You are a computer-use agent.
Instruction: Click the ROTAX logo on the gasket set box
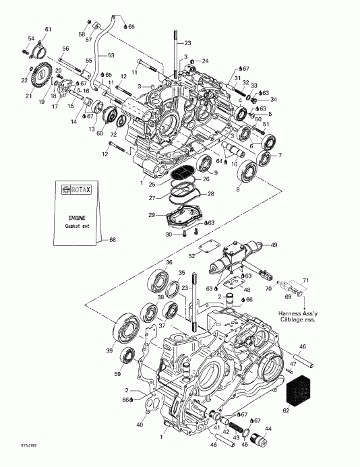pyautogui.click(x=76, y=190)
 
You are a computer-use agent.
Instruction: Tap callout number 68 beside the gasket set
pyautogui.click(x=113, y=239)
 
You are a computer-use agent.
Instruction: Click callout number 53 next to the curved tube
pyautogui.click(x=111, y=55)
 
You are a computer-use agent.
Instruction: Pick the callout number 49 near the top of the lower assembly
pyautogui.click(x=274, y=245)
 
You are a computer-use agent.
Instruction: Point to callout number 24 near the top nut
pyautogui.click(x=205, y=61)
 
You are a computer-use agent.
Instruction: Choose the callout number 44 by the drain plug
pyautogui.click(x=268, y=429)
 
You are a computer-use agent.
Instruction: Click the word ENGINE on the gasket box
pyautogui.click(x=76, y=219)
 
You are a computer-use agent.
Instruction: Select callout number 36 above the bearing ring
pyautogui.click(x=169, y=262)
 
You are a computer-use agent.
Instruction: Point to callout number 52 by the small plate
pyautogui.click(x=191, y=256)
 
